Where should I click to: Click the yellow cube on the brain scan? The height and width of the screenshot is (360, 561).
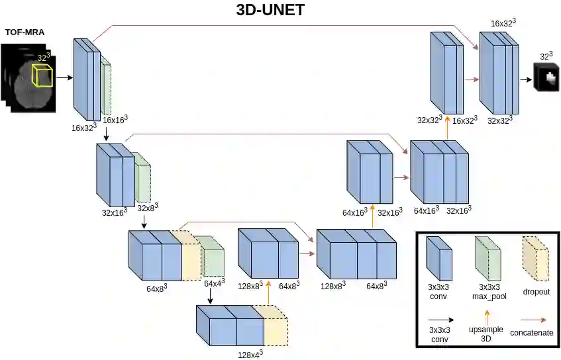(x=44, y=73)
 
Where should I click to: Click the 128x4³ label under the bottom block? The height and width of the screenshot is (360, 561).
(x=250, y=353)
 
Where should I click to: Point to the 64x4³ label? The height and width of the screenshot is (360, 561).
(x=215, y=283)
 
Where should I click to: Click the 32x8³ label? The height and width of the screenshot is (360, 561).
(x=148, y=208)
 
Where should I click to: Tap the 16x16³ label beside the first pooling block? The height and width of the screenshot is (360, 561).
(x=115, y=120)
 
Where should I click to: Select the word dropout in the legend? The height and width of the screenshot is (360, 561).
(x=536, y=291)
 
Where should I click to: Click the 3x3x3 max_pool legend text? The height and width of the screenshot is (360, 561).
(x=491, y=292)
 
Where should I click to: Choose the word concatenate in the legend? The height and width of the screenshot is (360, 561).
(x=531, y=333)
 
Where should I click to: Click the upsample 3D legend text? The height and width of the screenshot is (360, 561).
(x=487, y=334)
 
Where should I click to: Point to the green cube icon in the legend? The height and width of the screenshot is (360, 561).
(x=490, y=258)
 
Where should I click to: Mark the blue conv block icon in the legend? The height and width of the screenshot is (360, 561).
(x=438, y=258)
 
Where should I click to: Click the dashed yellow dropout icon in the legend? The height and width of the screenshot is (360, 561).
(x=536, y=258)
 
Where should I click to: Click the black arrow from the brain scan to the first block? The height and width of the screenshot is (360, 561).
(x=64, y=77)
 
